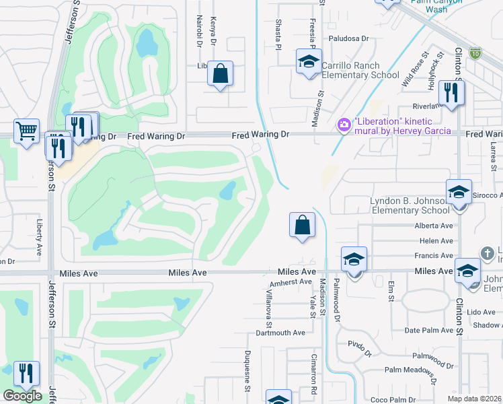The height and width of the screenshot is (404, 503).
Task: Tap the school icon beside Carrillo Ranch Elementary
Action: point(309,63)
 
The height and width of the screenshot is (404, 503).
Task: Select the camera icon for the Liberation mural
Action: point(344,125)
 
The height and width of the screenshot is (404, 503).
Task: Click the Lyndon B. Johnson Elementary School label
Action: point(410,205)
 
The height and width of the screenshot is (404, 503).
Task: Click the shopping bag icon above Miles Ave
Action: point(303,224)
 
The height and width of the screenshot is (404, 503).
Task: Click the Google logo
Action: point(22,396)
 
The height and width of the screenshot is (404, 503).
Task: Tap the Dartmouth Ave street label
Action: point(282,333)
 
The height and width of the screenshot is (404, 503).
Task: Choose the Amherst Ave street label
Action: point(296,282)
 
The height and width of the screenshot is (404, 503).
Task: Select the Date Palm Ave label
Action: point(430,331)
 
